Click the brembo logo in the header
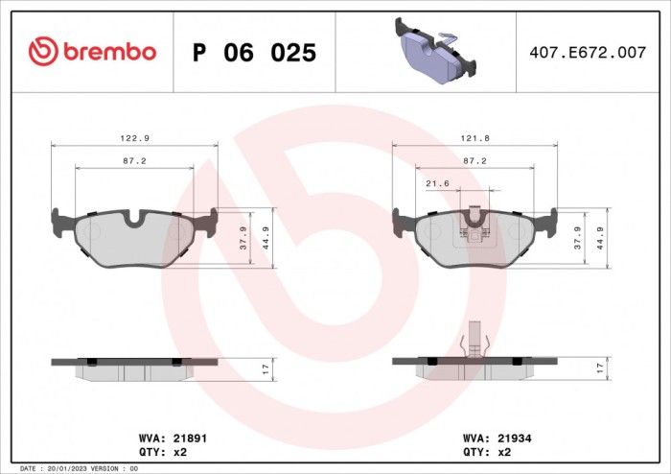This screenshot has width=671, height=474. (93, 52)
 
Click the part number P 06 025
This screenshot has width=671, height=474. (254, 53)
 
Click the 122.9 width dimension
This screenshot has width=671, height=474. (133, 137)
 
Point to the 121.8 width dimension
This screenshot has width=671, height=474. (474, 137)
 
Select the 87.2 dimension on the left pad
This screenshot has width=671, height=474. (133, 160)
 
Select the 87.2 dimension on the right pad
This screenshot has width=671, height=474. (474, 160)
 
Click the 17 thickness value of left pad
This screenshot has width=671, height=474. (265, 367)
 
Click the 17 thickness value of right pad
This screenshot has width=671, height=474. (600, 367)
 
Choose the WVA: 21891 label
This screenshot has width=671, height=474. (173, 437)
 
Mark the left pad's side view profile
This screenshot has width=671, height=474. (133, 367)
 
